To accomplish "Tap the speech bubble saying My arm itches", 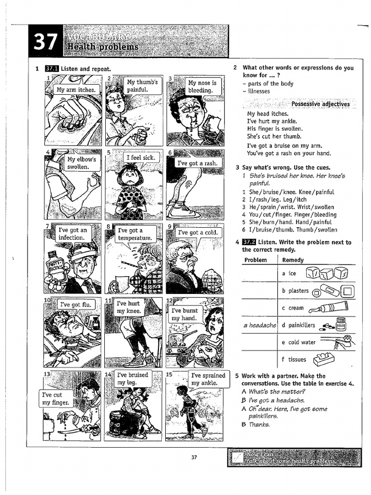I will (76, 90).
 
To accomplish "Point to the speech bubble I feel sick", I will (140, 158).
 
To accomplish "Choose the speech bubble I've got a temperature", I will (135, 234).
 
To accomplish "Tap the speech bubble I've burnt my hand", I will (184, 314).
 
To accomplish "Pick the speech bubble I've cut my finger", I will (55, 398).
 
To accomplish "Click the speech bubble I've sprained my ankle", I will (208, 379).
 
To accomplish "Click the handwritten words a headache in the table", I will (259, 325).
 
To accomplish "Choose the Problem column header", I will (256, 260).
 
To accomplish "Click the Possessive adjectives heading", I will (320, 104).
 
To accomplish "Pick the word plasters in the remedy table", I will (299, 291).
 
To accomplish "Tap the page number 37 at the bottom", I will (194, 457).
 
